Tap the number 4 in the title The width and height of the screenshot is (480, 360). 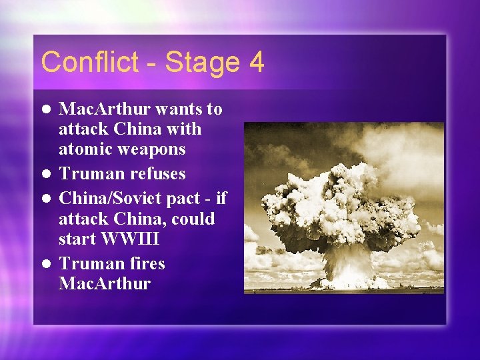(256, 62)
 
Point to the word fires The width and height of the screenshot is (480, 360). (147, 263)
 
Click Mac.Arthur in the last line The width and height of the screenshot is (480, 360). (105, 283)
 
